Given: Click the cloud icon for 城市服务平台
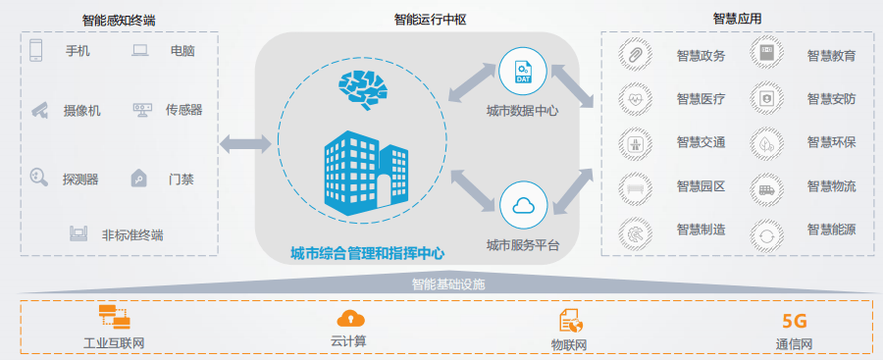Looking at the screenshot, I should click(522, 205).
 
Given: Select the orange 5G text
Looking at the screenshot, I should click(794, 320).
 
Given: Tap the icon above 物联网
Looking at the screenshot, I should click(570, 320).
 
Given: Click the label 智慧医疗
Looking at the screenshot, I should click(701, 99).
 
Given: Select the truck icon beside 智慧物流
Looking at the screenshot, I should click(765, 186).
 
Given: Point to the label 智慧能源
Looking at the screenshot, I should click(832, 231).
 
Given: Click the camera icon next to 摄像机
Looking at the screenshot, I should click(39, 109).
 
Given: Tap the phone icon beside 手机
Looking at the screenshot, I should click(37, 50).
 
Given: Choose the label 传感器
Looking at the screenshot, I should click(183, 110).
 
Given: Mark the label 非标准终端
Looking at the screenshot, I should click(131, 235).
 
